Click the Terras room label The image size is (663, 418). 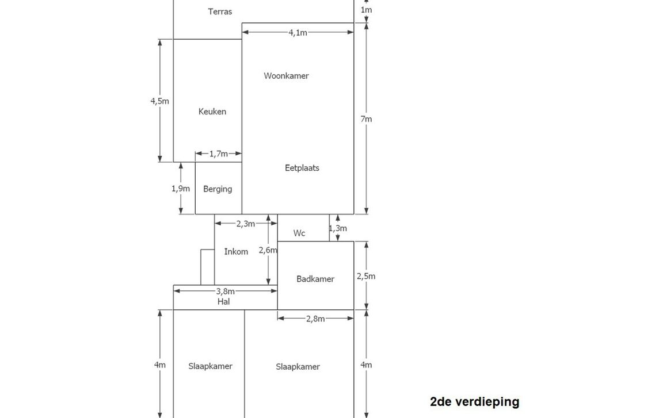click(220, 11)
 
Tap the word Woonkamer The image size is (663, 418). click(286, 76)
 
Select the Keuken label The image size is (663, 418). click(212, 112)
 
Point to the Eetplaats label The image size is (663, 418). click(302, 168)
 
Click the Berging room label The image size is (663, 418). click(218, 189)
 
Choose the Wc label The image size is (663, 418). click(299, 233)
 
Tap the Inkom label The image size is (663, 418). click(236, 252)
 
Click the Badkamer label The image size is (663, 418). click(315, 279)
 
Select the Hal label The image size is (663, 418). click(224, 301)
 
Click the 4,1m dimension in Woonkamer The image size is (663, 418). click(298, 33)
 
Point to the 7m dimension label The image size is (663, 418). click(367, 119)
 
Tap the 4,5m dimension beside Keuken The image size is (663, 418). click(160, 101)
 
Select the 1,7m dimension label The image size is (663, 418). click(218, 154)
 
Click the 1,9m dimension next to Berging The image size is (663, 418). click(181, 189)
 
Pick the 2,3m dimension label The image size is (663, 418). click(245, 224)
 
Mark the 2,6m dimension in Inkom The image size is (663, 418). click(268, 250)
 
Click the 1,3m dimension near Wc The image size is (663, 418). click(338, 228)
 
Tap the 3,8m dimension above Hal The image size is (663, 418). click(225, 292)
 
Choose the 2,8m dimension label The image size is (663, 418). click(315, 319)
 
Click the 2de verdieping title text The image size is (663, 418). click(474, 402)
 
